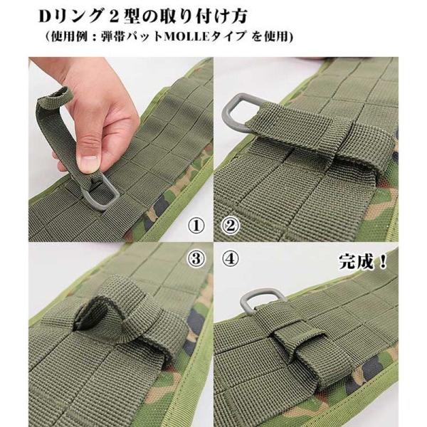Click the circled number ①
coord(196,226)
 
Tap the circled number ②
coord(231,226)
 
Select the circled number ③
coord(196,259)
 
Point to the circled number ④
coord(231,259)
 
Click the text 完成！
coord(363,262)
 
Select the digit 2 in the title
coord(115,16)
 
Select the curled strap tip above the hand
coord(56,97)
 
